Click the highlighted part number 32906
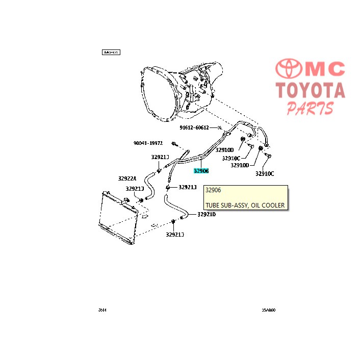pyautogui.click(x=201, y=171)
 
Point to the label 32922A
pyautogui.click(x=127, y=178)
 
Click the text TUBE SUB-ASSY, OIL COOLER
pyautogui.click(x=245, y=205)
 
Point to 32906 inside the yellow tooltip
pyautogui.click(x=213, y=190)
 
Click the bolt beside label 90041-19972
pyautogui.click(x=174, y=144)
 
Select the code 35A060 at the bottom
pyautogui.click(x=268, y=310)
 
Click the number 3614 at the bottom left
pyautogui.click(x=104, y=310)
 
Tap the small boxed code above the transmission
pyautogui.click(x=111, y=52)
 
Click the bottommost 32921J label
pyautogui.click(x=174, y=234)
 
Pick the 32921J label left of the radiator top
pyautogui.click(x=134, y=189)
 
